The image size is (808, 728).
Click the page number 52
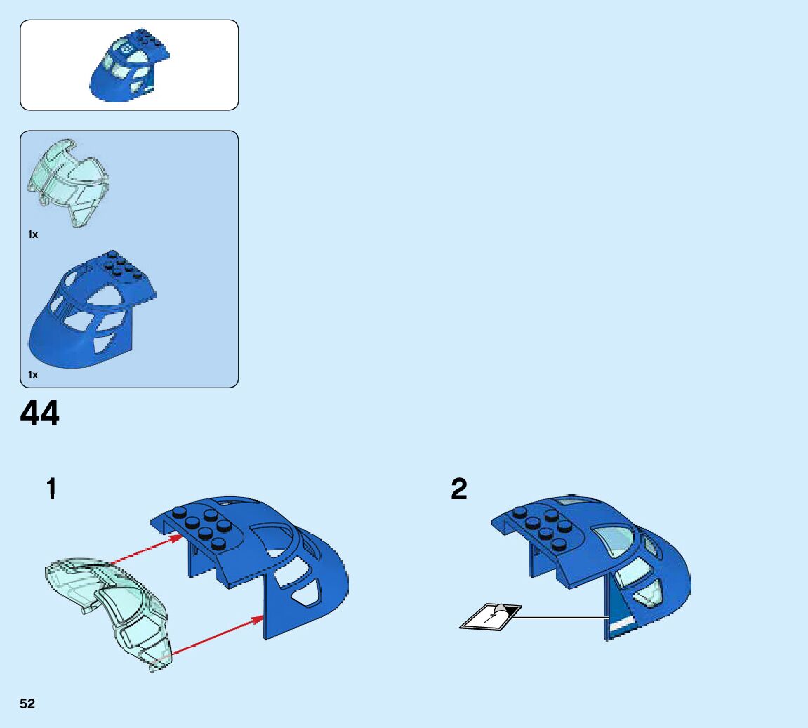[27, 704]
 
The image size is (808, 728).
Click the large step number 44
[40, 414]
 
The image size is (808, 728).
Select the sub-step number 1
[51, 489]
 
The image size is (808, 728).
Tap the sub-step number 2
[458, 489]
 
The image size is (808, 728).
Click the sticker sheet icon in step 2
[490, 616]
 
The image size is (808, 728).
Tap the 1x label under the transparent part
[33, 234]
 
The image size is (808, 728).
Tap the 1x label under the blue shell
[33, 375]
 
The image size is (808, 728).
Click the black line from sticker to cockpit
[562, 617]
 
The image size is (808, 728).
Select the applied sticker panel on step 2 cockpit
[618, 611]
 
